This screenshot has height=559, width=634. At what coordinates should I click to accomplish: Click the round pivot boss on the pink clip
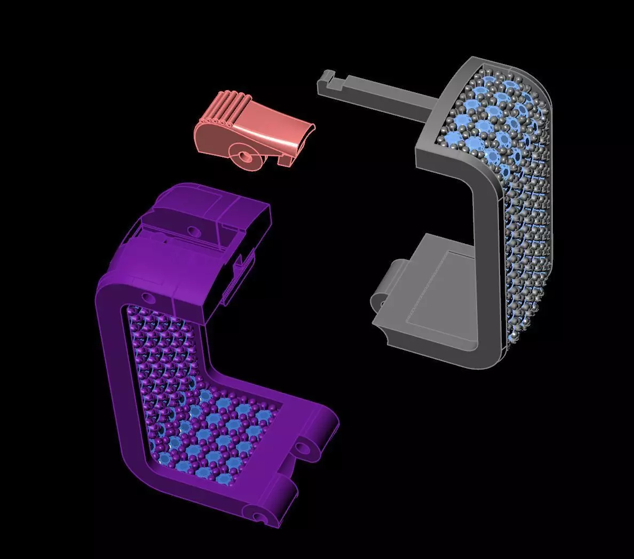click(246, 157)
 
